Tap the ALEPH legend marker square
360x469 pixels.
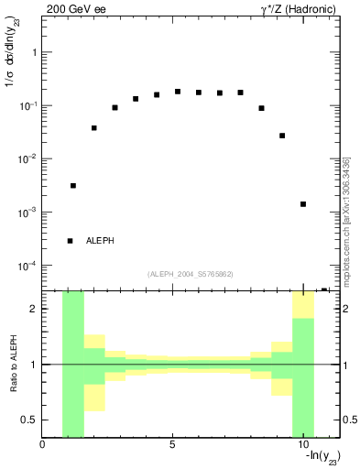[70, 241]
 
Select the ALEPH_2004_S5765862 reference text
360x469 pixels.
[191, 274]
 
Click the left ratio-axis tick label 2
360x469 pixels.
[34, 309]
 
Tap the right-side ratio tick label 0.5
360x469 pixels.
[351, 420]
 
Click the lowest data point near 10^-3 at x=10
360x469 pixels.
[303, 204]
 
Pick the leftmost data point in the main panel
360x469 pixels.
[73, 186]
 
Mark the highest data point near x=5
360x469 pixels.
[178, 92]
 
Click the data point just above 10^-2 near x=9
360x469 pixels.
[282, 136]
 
